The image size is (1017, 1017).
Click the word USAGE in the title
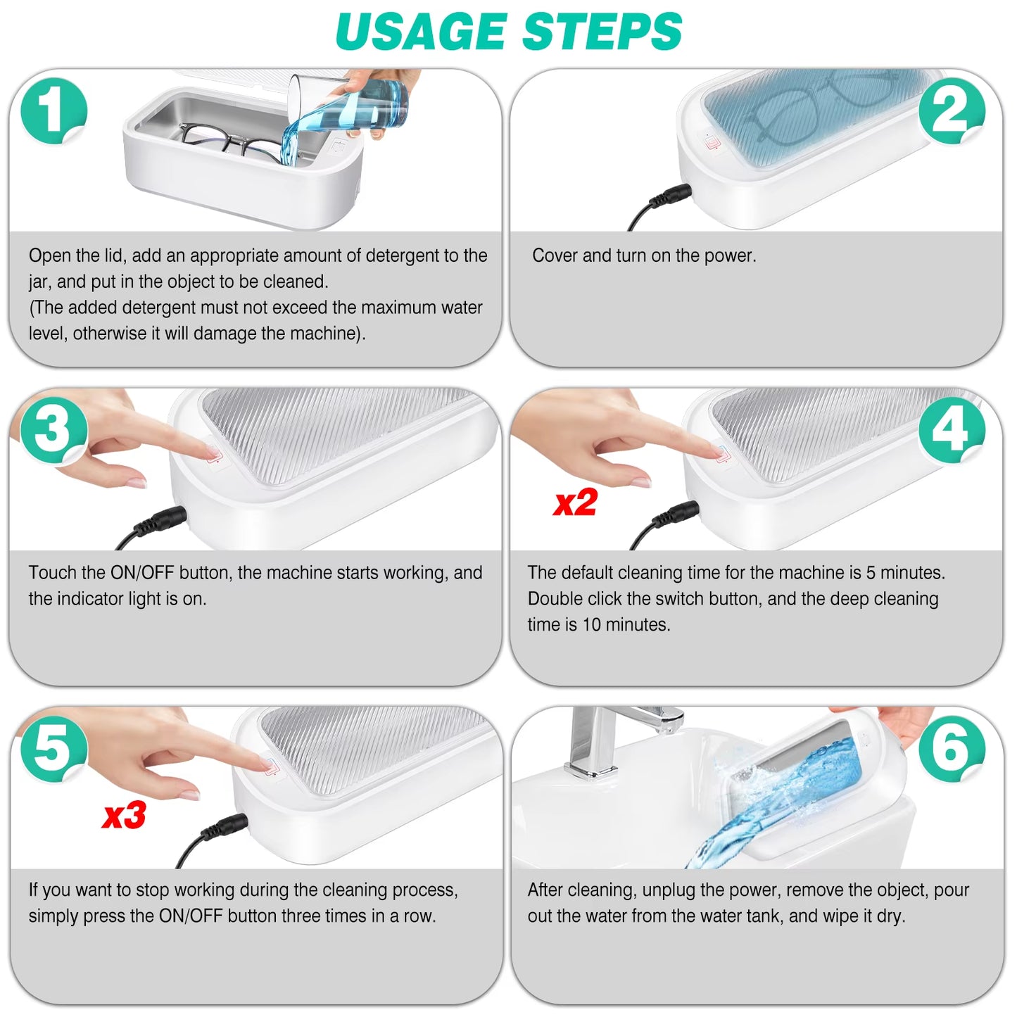[421, 32]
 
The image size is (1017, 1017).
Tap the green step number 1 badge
[53, 111]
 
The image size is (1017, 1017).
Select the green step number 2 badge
[952, 111]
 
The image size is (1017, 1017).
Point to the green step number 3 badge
[53, 430]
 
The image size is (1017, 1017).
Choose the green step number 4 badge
[952, 430]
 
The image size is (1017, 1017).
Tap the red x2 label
[575, 503]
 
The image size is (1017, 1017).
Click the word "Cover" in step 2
[555, 256]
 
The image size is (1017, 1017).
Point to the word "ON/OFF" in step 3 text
[142, 573]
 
